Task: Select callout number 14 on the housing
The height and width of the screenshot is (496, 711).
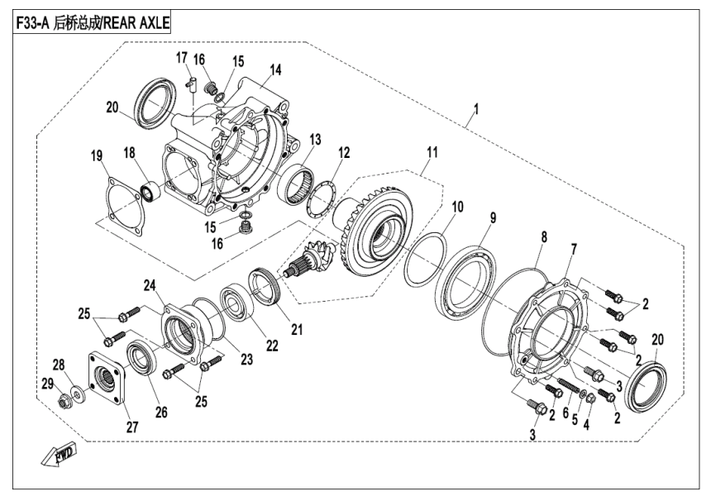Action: coord(274,69)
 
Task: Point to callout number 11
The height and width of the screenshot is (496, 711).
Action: coord(431,155)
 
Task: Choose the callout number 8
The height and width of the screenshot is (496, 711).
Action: coord(543,236)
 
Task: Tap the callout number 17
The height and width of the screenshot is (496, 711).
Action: coord(181,57)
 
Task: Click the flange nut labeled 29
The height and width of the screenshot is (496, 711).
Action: coord(64,403)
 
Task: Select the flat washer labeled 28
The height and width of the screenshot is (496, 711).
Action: coord(78,391)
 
